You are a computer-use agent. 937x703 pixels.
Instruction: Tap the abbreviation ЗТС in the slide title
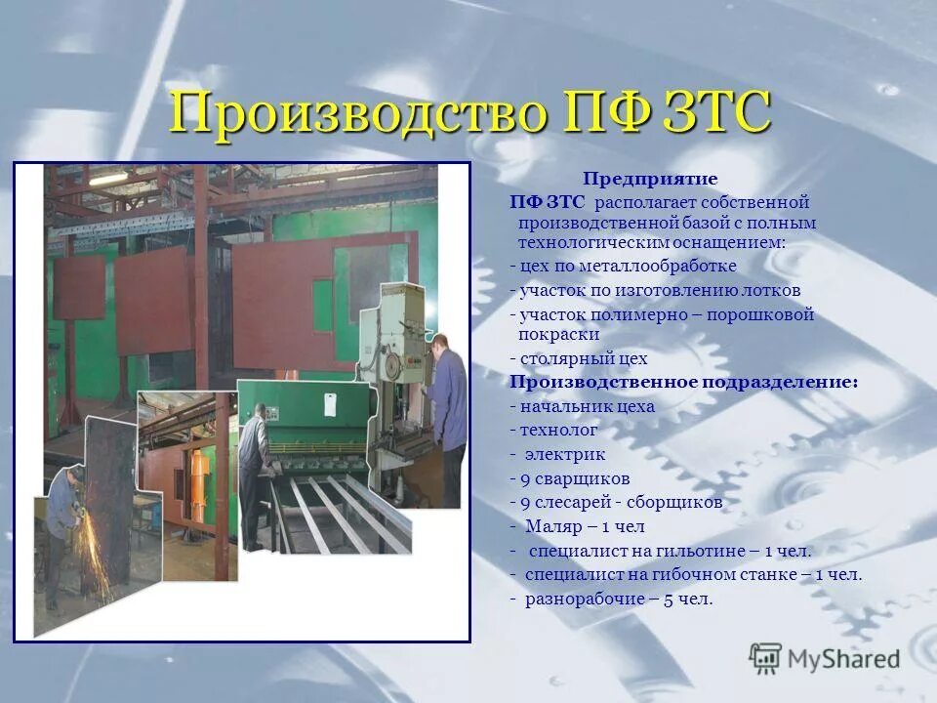click(x=716, y=113)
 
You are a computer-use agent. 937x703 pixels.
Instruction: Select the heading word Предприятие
click(x=650, y=179)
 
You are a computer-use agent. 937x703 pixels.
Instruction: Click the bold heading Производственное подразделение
click(x=683, y=382)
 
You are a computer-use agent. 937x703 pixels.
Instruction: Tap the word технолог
click(x=558, y=430)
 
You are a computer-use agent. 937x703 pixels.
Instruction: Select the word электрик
click(x=565, y=454)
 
